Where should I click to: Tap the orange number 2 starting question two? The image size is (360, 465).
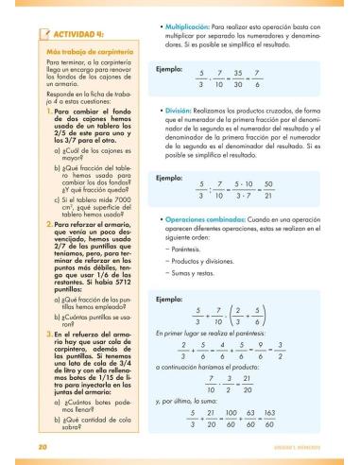coord(23,223)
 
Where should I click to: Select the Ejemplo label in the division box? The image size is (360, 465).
coord(169,177)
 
